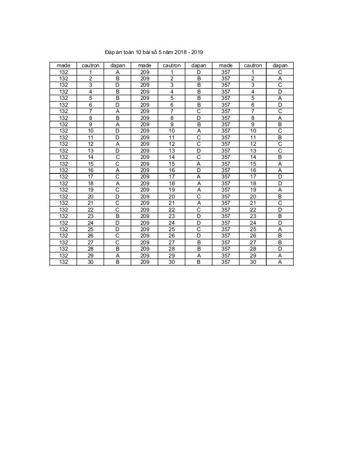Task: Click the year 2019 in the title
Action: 203,53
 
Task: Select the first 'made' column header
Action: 63,65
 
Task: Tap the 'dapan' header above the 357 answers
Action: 280,65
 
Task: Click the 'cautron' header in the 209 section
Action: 172,65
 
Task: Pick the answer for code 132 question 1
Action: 117,72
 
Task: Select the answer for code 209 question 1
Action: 199,72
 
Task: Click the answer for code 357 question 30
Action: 280,262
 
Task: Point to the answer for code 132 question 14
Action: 117,157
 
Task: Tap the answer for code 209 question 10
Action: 199,131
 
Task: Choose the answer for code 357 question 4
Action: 280,92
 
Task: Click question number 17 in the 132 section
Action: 90,177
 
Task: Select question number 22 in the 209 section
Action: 172,210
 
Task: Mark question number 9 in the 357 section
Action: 253,124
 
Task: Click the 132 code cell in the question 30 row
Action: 63,262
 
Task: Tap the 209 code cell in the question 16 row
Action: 145,170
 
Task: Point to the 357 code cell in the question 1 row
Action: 225,72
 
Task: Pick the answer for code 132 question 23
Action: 117,216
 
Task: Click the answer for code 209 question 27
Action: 199,242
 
